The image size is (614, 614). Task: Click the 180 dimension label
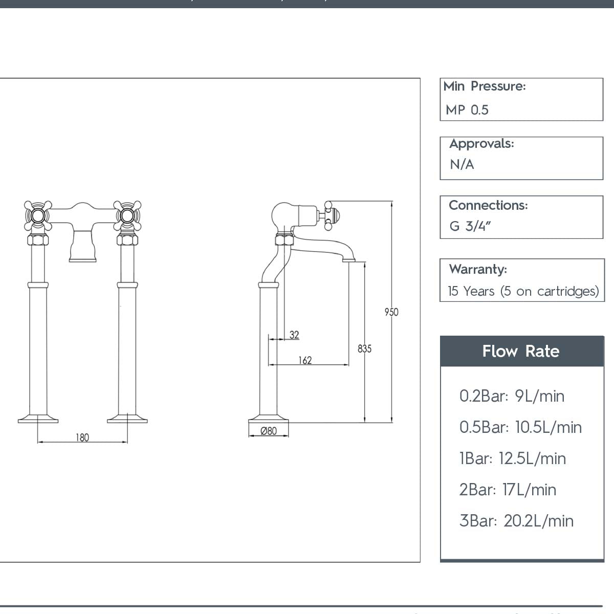tap(82, 437)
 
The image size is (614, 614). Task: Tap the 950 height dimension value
tap(391, 312)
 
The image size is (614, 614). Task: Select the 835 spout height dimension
tap(364, 349)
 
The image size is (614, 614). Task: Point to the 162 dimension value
tap(305, 360)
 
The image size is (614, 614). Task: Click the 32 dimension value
tap(294, 335)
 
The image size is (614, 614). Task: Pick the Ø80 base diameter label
tap(269, 431)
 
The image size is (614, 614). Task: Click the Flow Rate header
tap(521, 352)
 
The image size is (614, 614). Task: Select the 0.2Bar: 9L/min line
tap(512, 396)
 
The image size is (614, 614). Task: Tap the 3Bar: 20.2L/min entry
tap(516, 521)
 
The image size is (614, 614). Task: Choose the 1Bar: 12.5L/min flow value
tap(513, 458)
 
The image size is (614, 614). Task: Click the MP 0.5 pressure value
tap(467, 110)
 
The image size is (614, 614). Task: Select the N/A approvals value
tap(462, 165)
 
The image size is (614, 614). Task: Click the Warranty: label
tap(478, 269)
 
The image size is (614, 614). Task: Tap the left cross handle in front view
tap(38, 215)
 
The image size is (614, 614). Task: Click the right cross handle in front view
tap(127, 215)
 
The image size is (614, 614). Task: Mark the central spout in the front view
tap(82, 246)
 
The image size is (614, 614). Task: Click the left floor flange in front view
tap(38, 419)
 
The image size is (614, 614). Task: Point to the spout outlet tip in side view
tap(349, 259)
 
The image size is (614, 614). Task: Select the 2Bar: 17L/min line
tap(508, 490)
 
